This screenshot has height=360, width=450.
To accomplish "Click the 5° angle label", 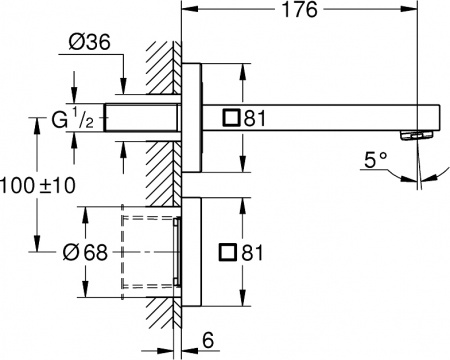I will tap(377, 158).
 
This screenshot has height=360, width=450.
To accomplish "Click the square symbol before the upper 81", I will tap(232, 118).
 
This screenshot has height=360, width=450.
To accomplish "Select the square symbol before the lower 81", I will tap(232, 252).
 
